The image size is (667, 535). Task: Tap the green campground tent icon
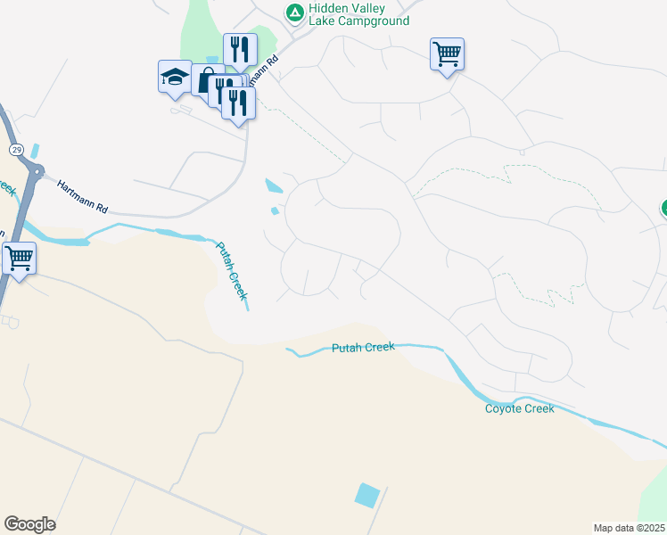pyautogui.click(x=294, y=12)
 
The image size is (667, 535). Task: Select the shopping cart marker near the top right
pyautogui.click(x=446, y=53)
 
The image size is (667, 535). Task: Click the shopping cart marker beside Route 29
pyautogui.click(x=19, y=258)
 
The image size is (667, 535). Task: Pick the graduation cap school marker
pyautogui.click(x=175, y=78)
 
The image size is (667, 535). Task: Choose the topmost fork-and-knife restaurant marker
pyautogui.click(x=239, y=48)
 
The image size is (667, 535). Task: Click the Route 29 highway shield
pyautogui.click(x=16, y=149)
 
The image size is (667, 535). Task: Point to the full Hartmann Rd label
pyautogui.click(x=82, y=197)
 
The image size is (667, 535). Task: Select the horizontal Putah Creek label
pyautogui.click(x=361, y=348)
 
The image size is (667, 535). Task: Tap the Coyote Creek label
pyautogui.click(x=519, y=408)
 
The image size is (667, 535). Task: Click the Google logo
pyautogui.click(x=29, y=524)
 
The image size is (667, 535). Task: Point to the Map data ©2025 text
pyautogui.click(x=630, y=528)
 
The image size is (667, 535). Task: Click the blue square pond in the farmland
pyautogui.click(x=366, y=495)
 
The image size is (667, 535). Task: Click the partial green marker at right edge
pyautogui.click(x=663, y=209)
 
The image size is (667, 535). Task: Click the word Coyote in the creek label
pyautogui.click(x=502, y=408)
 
